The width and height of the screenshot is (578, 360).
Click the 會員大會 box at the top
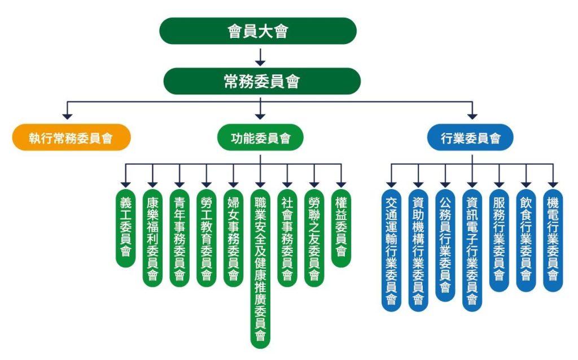tap(258, 31)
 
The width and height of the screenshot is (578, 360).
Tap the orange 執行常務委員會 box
tap(71, 137)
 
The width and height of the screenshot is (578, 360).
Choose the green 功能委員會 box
tap(260, 138)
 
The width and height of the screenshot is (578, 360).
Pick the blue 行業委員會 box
tap(471, 137)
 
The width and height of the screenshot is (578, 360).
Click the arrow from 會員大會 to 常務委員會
tap(260, 56)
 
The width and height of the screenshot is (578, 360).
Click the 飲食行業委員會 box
tap(526, 240)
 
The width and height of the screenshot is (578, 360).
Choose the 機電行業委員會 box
tap(553, 240)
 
